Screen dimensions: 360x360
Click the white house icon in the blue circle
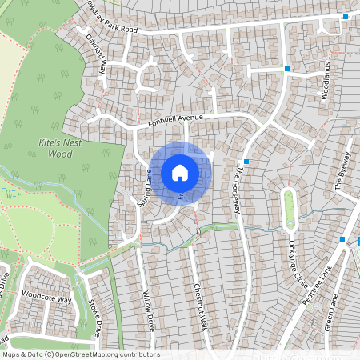[x=180, y=172]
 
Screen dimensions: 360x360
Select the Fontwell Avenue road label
[x=176, y=121]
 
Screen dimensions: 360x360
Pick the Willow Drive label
[x=149, y=312]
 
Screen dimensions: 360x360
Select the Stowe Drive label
[x=95, y=318]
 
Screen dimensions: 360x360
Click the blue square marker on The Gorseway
[x=247, y=162]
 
